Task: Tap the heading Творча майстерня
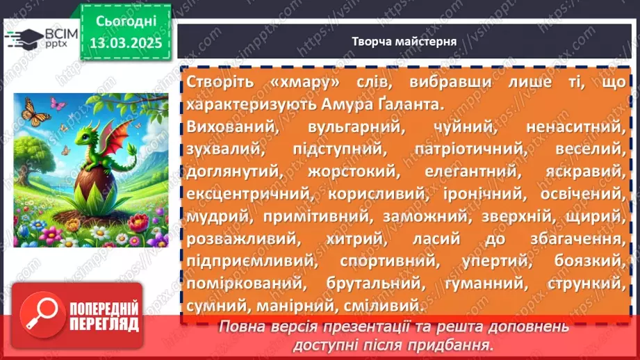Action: pos(404,41)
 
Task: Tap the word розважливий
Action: pos(234,239)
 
